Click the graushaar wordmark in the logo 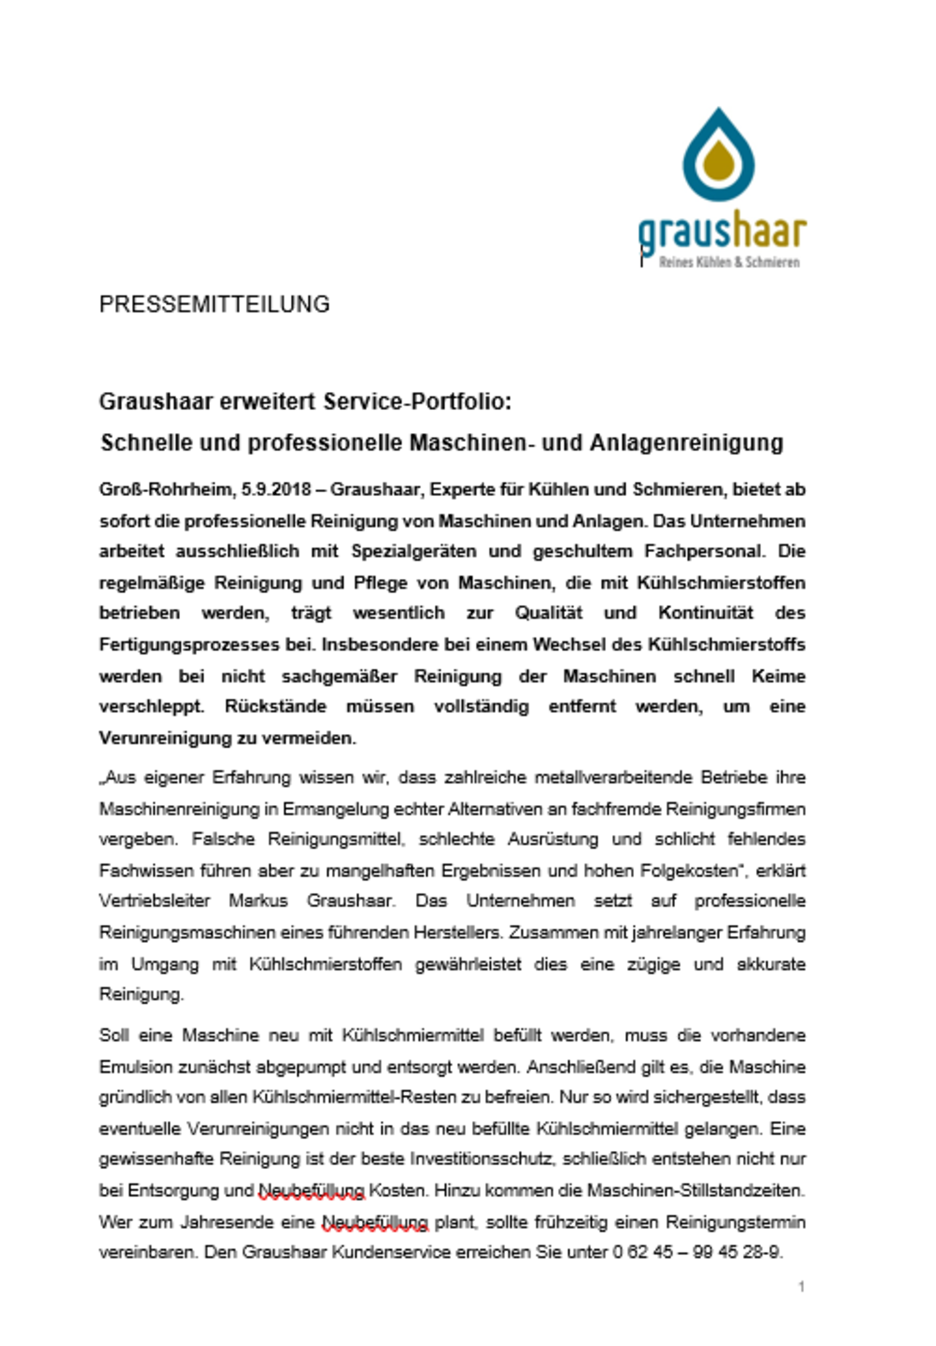(x=722, y=233)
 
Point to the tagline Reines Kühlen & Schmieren (x=729, y=262)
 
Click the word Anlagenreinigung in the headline (x=686, y=443)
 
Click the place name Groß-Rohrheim (x=166, y=489)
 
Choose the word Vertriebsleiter (x=154, y=901)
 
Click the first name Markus (x=258, y=901)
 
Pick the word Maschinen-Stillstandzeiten (x=696, y=1191)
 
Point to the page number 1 (x=801, y=1287)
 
